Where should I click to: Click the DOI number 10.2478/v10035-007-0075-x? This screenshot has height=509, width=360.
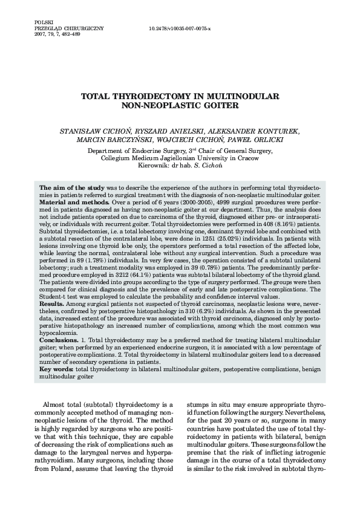pyautogui.click(x=180, y=28)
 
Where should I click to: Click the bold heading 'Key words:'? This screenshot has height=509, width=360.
pyautogui.click(x=56, y=368)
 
